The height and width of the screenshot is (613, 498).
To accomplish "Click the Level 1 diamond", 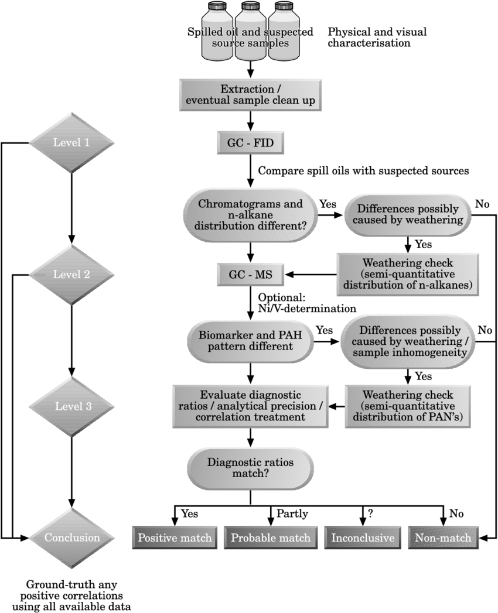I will click(x=71, y=142).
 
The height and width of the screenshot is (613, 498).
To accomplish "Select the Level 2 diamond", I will click(x=71, y=275).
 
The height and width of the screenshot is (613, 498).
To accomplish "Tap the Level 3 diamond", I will click(x=71, y=406).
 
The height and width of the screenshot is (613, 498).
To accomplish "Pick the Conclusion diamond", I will click(x=71, y=537).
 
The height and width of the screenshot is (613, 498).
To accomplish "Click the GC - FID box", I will click(x=250, y=142).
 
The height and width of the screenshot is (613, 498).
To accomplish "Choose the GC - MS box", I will click(x=250, y=275).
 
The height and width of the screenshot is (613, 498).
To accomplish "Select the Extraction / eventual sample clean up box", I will click(x=250, y=95).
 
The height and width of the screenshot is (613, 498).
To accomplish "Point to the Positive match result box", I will click(x=175, y=537).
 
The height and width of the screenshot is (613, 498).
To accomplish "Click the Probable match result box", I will click(x=271, y=537).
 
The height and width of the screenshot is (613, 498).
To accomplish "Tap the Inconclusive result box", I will click(x=363, y=537).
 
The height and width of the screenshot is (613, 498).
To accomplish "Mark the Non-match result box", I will click(x=443, y=537).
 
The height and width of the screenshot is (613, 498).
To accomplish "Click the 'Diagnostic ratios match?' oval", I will click(x=250, y=468).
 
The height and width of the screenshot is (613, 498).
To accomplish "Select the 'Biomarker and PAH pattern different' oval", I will click(x=250, y=340).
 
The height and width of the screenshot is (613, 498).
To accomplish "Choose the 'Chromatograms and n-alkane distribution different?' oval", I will click(x=250, y=214).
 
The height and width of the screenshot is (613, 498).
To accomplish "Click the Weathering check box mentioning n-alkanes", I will click(x=408, y=275).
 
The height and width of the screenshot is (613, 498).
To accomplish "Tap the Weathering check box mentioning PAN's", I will click(x=408, y=406).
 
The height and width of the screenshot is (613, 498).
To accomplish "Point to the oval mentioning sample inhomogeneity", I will click(x=408, y=341).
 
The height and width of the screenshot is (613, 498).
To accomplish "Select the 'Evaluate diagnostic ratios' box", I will click(x=250, y=406).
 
